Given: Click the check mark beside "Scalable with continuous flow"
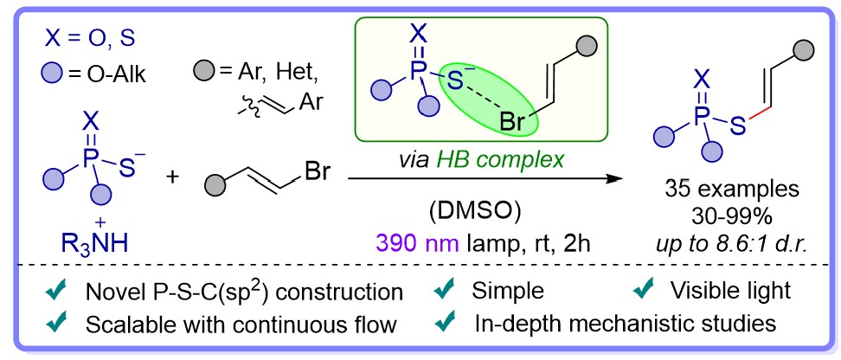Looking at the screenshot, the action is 56,323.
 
